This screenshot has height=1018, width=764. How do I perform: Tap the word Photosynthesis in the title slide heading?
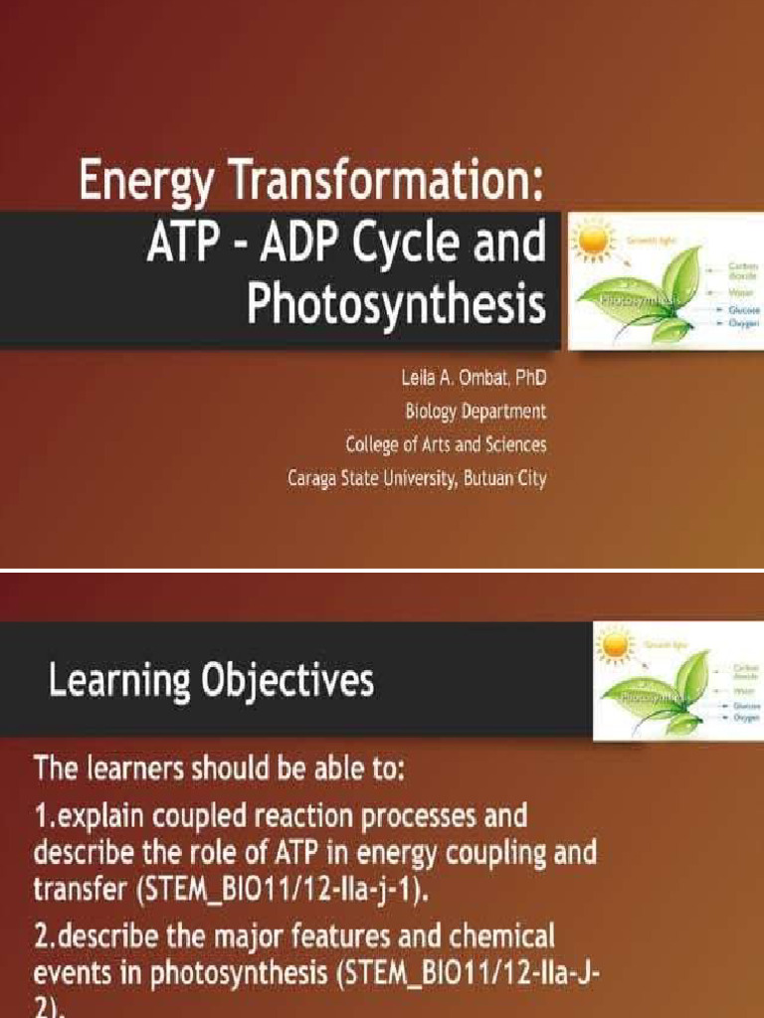pos(396,306)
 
